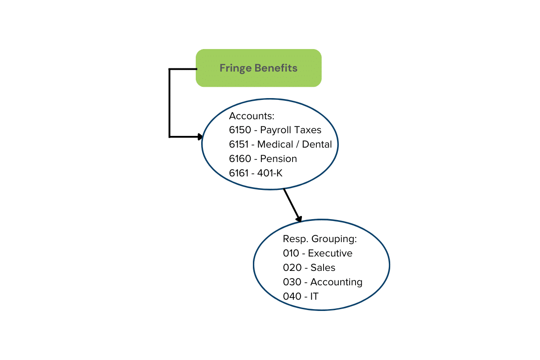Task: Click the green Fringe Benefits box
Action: coord(258,68)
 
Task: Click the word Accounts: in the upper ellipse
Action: coord(252,116)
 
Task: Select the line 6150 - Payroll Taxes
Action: coord(275,130)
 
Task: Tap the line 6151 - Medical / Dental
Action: coord(280,144)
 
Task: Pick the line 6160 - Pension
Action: coord(263,159)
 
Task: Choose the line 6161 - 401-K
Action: coord(256,173)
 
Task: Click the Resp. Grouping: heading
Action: coord(319,239)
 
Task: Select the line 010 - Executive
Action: coord(317,253)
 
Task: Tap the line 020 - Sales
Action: coord(309,268)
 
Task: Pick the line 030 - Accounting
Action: coord(322,282)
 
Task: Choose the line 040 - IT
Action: coord(301,297)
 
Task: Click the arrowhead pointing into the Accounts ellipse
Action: coord(200,136)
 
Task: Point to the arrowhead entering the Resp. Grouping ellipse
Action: coord(298,218)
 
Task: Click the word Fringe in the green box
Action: coord(235,68)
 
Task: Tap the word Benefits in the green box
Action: coord(276,68)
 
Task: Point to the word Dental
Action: coord(317,144)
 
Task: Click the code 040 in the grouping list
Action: coord(292,297)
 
